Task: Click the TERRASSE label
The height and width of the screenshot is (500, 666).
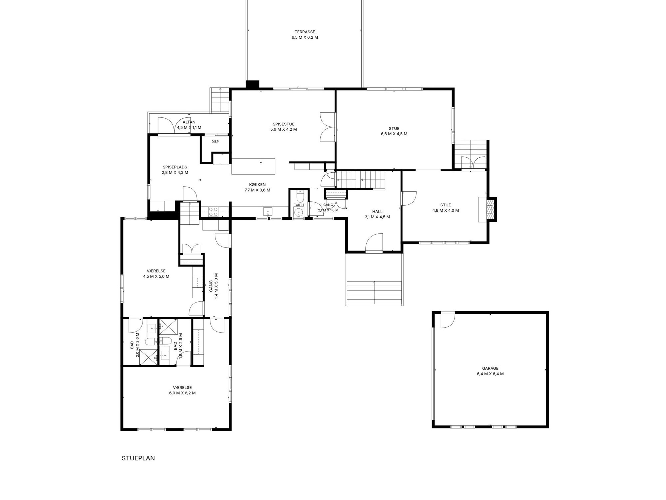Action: coord(305,32)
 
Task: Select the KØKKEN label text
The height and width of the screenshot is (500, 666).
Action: coord(257,185)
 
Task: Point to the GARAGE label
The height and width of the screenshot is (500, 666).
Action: coord(490,368)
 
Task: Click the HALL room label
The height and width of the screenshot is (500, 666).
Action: coord(377,212)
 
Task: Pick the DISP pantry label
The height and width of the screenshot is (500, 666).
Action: coord(215,142)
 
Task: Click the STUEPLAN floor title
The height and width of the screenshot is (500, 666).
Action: coord(138,458)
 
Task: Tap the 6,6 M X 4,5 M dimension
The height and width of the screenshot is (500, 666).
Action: coord(394,134)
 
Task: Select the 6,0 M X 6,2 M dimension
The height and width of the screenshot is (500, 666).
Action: coord(182,393)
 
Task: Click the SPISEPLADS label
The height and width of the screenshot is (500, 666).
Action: coord(175,167)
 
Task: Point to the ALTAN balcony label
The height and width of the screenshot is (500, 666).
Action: coord(189,122)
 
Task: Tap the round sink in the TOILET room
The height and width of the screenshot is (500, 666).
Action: coord(299,212)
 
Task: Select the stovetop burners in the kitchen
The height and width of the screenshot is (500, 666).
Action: coord(213,212)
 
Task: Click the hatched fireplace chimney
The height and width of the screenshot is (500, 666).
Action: coord(491,209)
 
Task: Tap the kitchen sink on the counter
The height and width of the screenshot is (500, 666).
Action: coord(268,212)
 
